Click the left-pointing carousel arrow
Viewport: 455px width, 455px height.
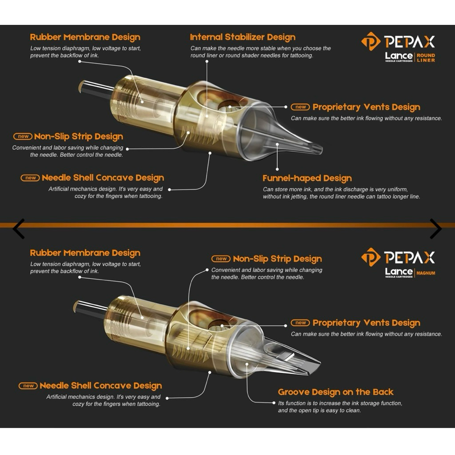pyautogui.click(x=18, y=229)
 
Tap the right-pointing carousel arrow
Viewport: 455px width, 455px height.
pyautogui.click(x=436, y=229)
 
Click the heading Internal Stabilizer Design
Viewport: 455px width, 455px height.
pyautogui.click(x=243, y=37)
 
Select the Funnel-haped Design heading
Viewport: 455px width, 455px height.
pyautogui.click(x=307, y=178)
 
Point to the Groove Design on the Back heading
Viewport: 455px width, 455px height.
pyautogui.click(x=335, y=392)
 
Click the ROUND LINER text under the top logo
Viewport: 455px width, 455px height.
pyautogui.click(x=426, y=58)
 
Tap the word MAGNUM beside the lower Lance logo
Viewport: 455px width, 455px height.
pyautogui.click(x=426, y=273)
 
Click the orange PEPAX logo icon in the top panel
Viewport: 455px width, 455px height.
pyautogui.click(x=371, y=41)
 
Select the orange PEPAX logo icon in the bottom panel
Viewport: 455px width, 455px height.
pyautogui.click(x=371, y=257)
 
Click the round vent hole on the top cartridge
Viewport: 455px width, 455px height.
pyautogui.click(x=229, y=106)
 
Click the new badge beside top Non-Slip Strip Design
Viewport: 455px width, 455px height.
pyautogui.click(x=23, y=136)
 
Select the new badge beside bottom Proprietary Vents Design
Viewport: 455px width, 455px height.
pyautogui.click(x=300, y=323)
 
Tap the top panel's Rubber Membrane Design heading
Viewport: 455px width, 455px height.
pyautogui.click(x=85, y=37)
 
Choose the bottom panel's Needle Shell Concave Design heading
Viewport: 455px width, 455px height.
pyautogui.click(x=101, y=386)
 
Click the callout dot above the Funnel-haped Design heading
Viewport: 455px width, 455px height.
pyautogui.click(x=277, y=169)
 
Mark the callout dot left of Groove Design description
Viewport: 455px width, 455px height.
pyautogui.click(x=274, y=403)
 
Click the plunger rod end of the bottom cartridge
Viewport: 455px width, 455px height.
pyautogui.click(x=76, y=306)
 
